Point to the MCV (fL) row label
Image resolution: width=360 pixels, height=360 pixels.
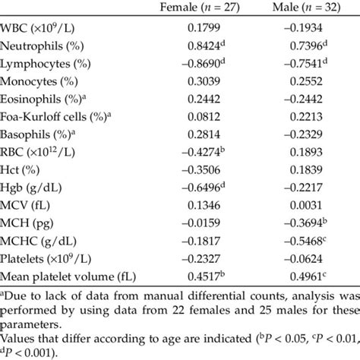tap(30, 204)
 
